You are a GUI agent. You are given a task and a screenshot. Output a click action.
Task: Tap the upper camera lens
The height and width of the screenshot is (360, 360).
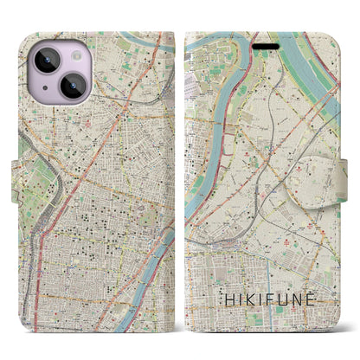46,62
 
